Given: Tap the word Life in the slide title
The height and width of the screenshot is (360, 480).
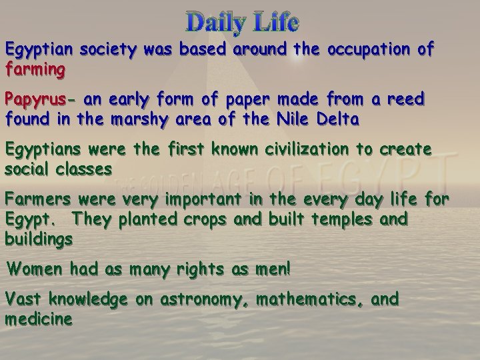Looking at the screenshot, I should pyautogui.click(x=274, y=24).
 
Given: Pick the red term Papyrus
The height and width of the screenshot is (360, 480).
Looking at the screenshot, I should pyautogui.click(x=37, y=100).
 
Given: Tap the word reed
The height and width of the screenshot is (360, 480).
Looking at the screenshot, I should pyautogui.click(x=406, y=100).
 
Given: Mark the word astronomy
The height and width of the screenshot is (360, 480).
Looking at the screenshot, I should pyautogui.click(x=198, y=299).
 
